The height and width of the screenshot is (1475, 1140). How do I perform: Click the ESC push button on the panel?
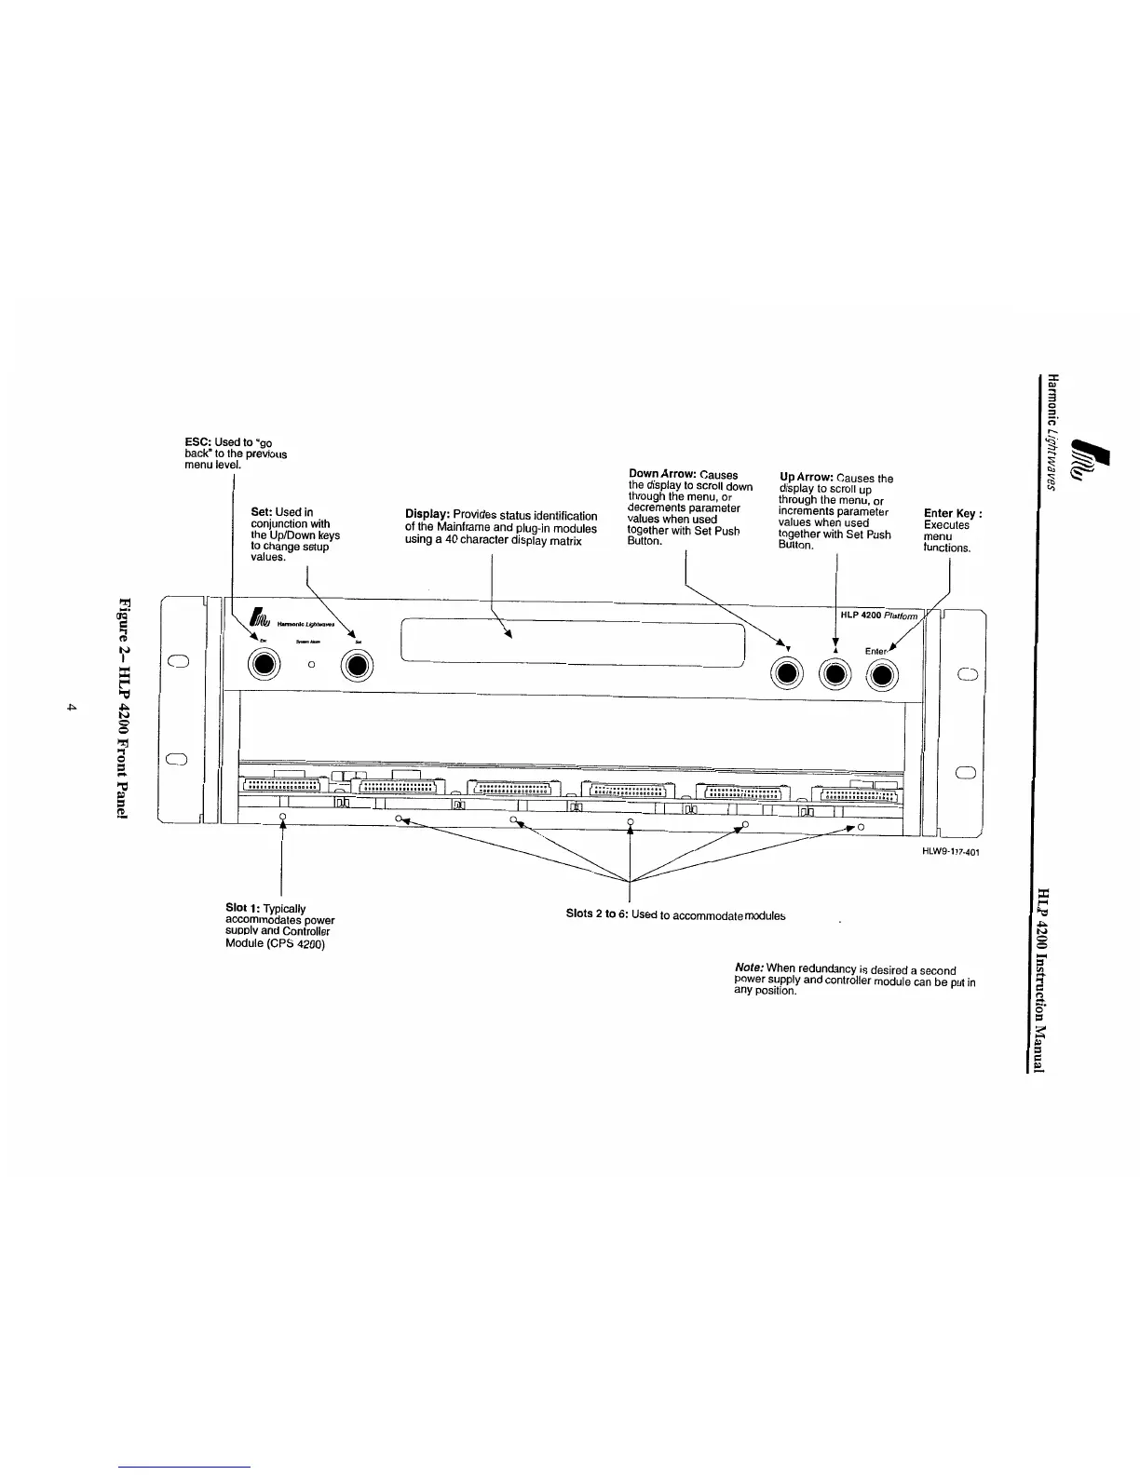pos(265,664)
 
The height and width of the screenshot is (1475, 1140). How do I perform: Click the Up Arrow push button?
pos(835,674)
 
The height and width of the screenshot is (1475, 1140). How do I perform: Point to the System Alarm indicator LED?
pos(312,664)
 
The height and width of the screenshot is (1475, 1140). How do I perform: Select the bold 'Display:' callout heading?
pos(427,516)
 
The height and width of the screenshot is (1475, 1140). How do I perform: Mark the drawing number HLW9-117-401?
pos(951,852)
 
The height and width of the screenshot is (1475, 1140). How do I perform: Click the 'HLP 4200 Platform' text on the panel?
pos(878,616)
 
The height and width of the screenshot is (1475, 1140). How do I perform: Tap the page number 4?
pos(71,709)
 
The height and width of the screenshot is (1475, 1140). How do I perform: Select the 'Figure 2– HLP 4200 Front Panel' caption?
pos(123,708)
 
